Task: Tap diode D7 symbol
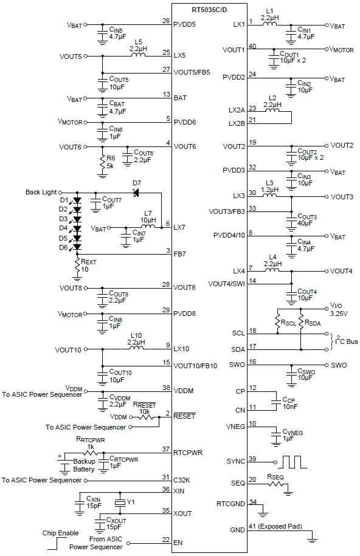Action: point(136,193)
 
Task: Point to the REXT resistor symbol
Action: point(77,265)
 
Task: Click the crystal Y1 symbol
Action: point(120,503)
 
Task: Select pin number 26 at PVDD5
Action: point(166,21)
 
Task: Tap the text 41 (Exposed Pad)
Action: point(280,526)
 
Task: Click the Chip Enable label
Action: point(60,533)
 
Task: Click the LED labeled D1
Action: point(77,200)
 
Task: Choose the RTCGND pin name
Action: point(231,503)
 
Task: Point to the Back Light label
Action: point(42,193)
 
